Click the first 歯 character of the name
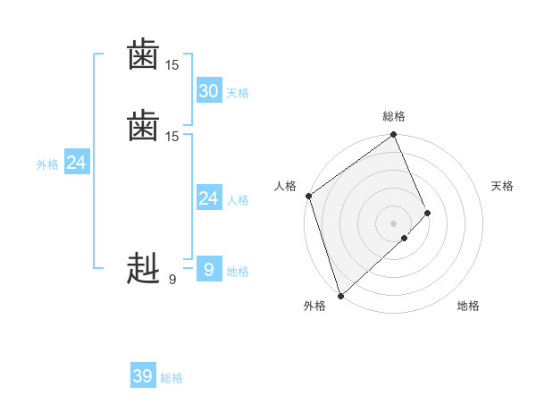pyautogui.click(x=143, y=56)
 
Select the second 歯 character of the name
pyautogui.click(x=143, y=126)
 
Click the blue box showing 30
pyautogui.click(x=208, y=90)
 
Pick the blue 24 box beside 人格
pyautogui.click(x=208, y=198)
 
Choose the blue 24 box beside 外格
pyautogui.click(x=77, y=163)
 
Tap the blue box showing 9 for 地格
pyautogui.click(x=208, y=270)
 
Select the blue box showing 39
pyautogui.click(x=142, y=376)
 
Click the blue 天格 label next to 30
pyautogui.click(x=238, y=93)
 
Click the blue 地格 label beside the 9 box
pyautogui.click(x=238, y=272)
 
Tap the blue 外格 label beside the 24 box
pyautogui.click(x=47, y=164)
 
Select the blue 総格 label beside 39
pyautogui.click(x=172, y=379)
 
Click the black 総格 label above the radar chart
pyautogui.click(x=394, y=116)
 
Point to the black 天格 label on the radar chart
pyautogui.click(x=502, y=186)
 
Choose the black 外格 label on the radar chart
pyautogui.click(x=314, y=306)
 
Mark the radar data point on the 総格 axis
pyautogui.click(x=394, y=136)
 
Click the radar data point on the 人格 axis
pyautogui.click(x=308, y=196)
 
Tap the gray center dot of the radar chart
pyautogui.click(x=394, y=223)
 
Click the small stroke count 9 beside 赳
pyautogui.click(x=172, y=280)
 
